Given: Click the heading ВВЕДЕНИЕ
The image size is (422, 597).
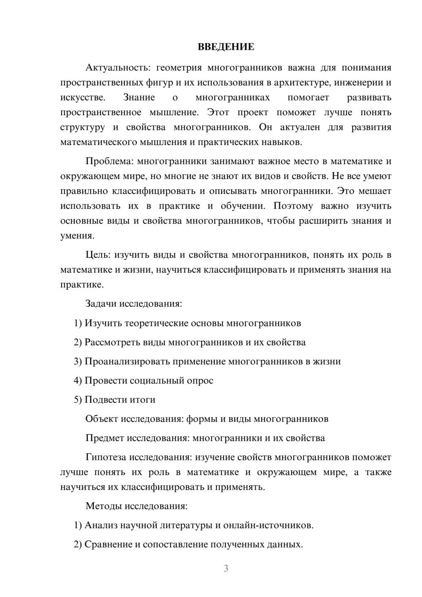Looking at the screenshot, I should (x=226, y=47).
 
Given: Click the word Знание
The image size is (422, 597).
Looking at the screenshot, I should (x=139, y=98).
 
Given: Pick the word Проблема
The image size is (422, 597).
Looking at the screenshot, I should (x=110, y=161).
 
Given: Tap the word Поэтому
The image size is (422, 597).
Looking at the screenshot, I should (x=293, y=206).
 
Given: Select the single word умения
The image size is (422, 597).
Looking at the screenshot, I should (x=77, y=236).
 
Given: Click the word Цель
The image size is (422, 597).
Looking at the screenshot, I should (x=98, y=255).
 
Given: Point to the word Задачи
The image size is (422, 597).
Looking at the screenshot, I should (x=101, y=304).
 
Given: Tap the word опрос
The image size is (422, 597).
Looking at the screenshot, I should (x=200, y=381).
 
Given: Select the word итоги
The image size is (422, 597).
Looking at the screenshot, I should (x=142, y=400).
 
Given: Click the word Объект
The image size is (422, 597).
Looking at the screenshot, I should (x=102, y=419).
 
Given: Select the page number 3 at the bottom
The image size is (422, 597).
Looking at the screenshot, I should (x=226, y=569).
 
